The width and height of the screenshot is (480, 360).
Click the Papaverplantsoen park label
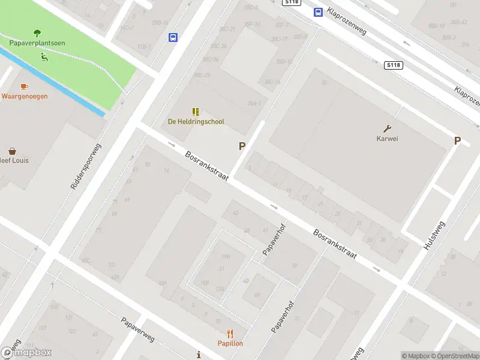click(37, 43)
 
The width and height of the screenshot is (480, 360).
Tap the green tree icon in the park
click(37, 33)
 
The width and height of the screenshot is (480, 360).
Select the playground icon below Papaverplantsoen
click(44, 58)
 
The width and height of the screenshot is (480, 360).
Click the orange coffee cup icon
click(24, 86)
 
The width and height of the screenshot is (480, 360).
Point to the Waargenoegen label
click(24, 96)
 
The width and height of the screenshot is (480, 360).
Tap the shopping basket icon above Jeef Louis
click(12, 151)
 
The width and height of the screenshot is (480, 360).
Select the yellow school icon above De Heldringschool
click(196, 112)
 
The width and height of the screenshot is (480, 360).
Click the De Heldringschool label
click(196, 122)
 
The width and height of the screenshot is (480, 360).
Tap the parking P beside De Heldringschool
click(242, 146)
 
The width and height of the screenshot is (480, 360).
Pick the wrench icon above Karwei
click(388, 128)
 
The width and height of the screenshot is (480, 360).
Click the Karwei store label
click(388, 139)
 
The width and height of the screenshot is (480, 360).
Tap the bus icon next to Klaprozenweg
click(317, 12)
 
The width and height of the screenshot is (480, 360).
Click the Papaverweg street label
click(137, 329)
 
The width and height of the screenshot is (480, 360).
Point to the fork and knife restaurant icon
click(230, 334)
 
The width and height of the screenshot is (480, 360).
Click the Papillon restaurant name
click(230, 343)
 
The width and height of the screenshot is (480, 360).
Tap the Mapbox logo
click(26, 353)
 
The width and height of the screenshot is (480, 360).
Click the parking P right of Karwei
click(457, 141)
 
